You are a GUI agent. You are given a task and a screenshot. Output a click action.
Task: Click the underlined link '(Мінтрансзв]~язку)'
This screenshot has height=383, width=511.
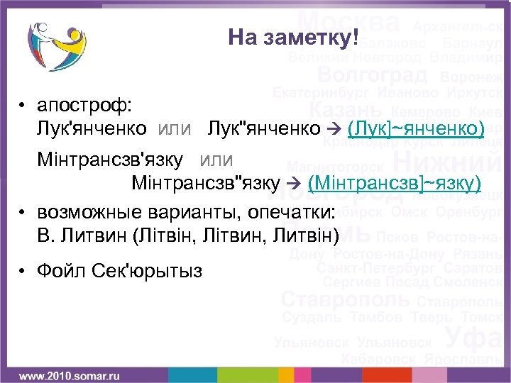[x=395, y=184]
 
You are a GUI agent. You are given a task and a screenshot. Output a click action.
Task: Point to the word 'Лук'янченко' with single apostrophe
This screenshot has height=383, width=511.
[x=93, y=128]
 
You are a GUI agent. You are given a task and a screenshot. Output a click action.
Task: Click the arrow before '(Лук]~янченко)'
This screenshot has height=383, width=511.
[x=337, y=128]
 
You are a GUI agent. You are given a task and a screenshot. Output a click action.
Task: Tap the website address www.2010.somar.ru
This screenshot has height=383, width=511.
[x=69, y=374]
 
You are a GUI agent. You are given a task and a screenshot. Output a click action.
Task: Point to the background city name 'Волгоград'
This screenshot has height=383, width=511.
[x=372, y=74]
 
